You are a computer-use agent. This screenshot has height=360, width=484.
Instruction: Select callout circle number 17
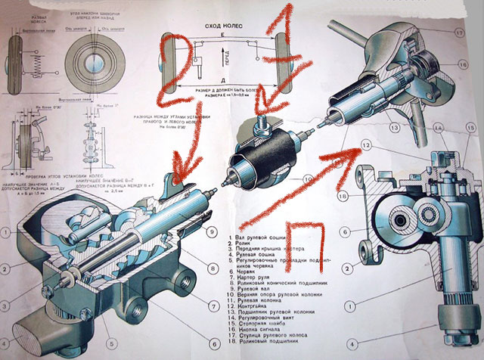(458, 33)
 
